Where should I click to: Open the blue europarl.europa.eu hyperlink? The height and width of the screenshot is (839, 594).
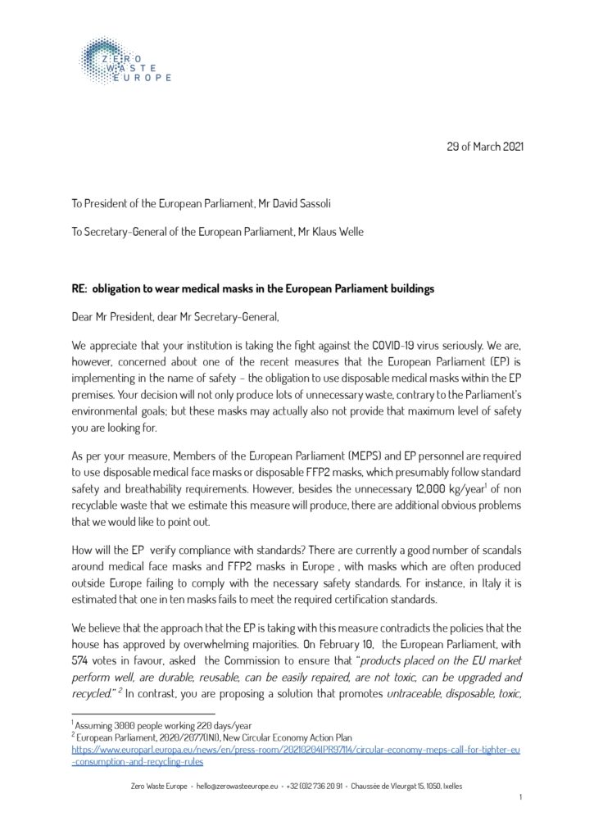[x=296, y=749]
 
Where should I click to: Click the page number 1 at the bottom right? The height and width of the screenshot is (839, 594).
[x=520, y=797]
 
